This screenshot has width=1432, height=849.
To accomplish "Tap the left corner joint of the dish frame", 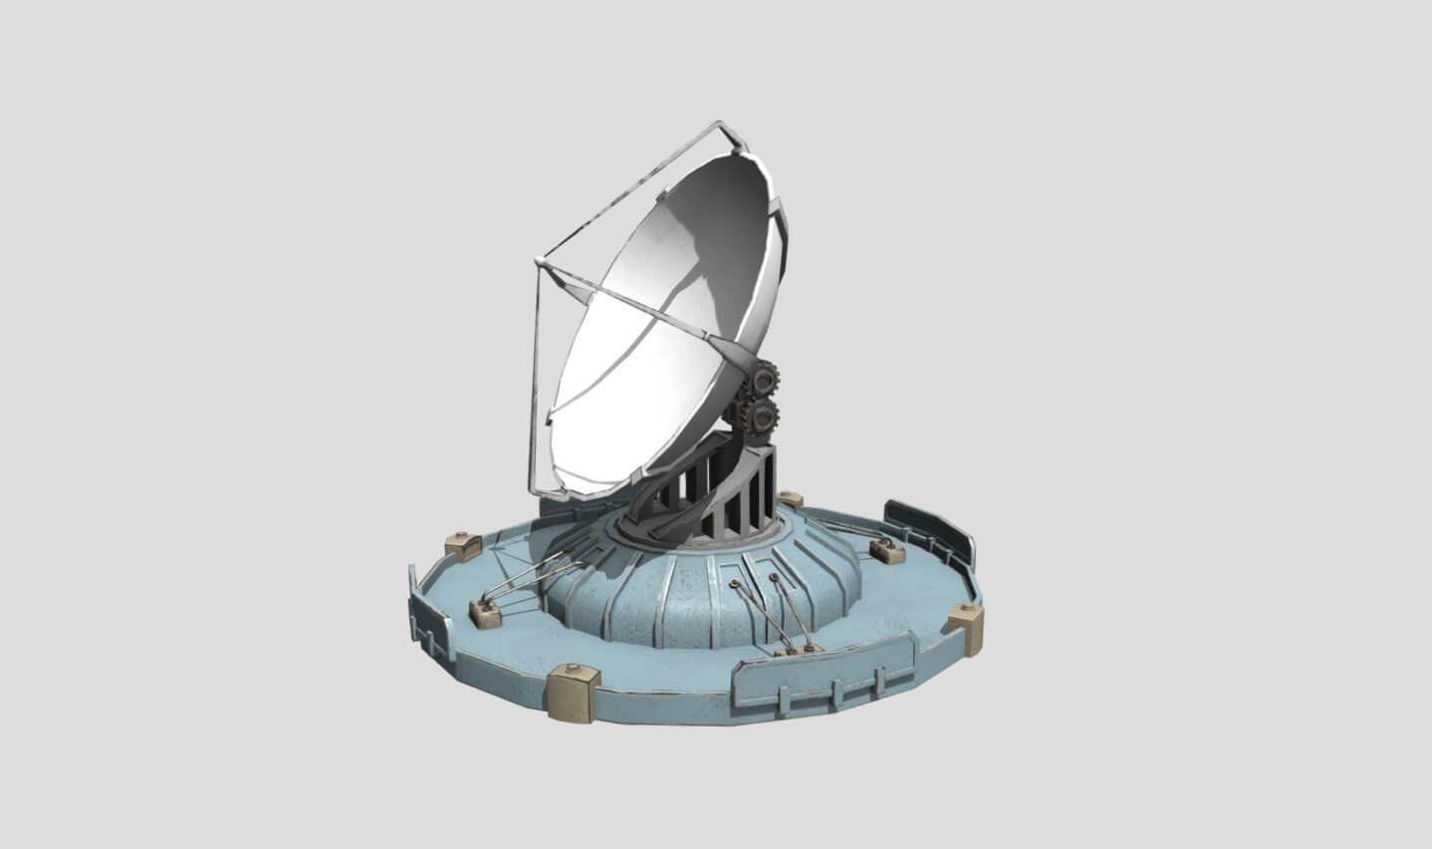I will (539, 264).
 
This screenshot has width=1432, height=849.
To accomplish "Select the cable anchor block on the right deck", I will (882, 549).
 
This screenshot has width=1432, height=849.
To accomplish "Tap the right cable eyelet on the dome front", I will (774, 578).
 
